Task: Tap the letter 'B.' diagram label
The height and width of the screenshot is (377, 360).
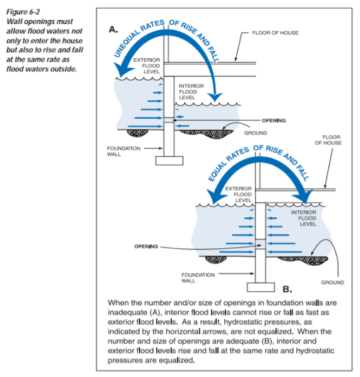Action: (285, 289)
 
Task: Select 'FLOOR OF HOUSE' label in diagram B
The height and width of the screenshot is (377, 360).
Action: (332, 139)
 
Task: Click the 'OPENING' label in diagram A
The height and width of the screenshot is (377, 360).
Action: (273, 119)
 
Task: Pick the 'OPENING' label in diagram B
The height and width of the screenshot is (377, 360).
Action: (146, 246)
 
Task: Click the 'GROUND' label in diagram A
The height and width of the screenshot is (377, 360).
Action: (255, 133)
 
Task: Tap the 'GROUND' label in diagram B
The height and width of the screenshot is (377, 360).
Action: (332, 282)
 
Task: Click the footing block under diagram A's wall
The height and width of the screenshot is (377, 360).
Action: (169, 160)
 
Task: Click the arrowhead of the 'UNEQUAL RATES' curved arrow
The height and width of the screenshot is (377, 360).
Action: (217, 95)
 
